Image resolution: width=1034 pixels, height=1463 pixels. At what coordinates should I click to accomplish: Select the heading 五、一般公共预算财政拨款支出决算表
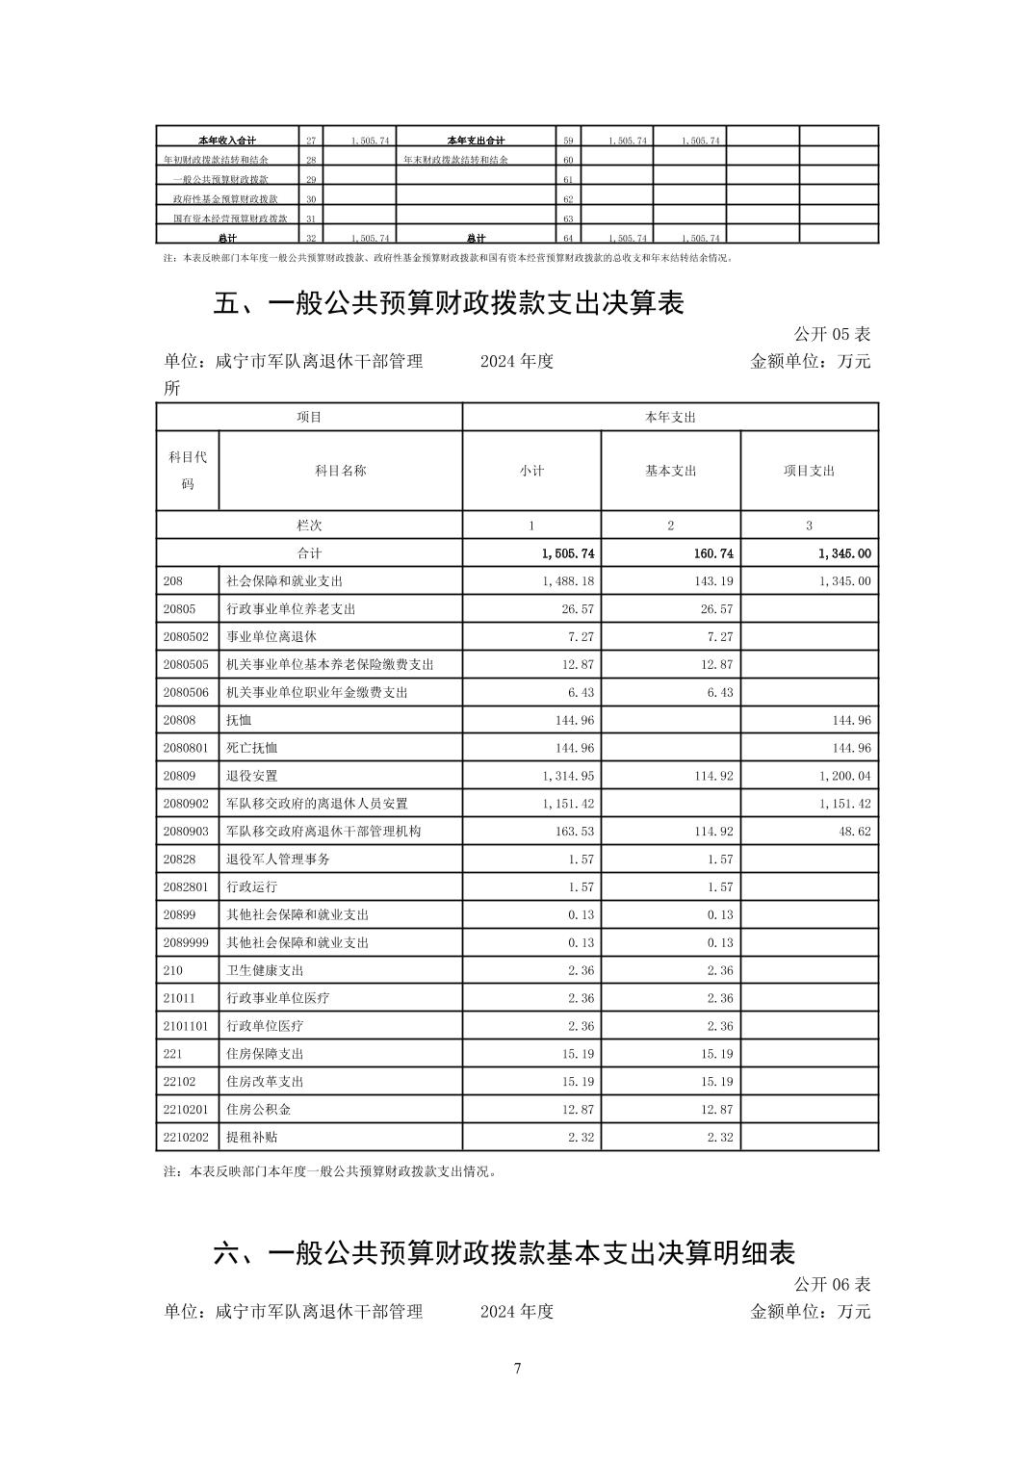click(449, 303)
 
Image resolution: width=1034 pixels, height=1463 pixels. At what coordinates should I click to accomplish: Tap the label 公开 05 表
click(832, 334)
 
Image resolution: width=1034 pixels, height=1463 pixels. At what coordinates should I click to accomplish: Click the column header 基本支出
click(670, 471)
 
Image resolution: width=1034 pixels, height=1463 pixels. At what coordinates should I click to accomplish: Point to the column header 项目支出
click(809, 471)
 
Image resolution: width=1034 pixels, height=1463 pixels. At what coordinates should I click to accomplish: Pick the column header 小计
click(531, 471)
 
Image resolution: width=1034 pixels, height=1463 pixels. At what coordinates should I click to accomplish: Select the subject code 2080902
click(186, 804)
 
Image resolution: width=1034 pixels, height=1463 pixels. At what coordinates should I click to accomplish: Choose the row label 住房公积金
click(258, 1109)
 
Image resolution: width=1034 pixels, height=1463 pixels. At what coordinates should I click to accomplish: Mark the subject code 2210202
click(186, 1137)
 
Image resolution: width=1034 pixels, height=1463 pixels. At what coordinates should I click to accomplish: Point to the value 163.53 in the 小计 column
click(575, 832)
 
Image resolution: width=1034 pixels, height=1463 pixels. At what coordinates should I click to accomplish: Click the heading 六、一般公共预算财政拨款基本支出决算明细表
click(504, 1253)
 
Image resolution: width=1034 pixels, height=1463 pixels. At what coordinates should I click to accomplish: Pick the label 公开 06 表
click(832, 1284)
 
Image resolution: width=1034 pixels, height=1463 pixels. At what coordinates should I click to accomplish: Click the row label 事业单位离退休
click(271, 637)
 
